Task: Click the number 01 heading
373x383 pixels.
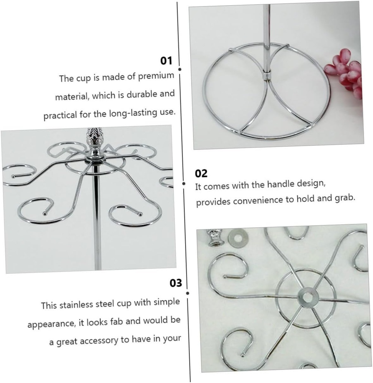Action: pos(166,61)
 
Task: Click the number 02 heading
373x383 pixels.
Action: pos(201,174)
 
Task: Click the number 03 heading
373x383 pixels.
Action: pos(176,283)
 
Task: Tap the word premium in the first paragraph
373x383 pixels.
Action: pos(156,76)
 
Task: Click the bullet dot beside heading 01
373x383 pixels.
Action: pos(180,69)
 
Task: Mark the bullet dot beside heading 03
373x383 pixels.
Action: pos(188,293)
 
